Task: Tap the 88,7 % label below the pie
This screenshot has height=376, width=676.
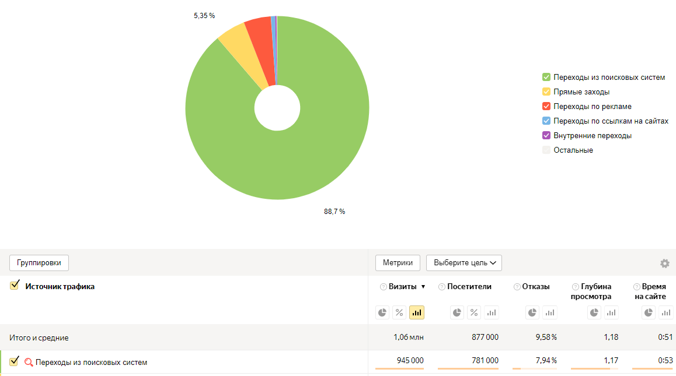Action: pyautogui.click(x=334, y=212)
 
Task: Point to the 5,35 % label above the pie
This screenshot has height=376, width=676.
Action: pyautogui.click(x=204, y=16)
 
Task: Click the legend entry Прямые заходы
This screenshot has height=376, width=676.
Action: pyautogui.click(x=581, y=92)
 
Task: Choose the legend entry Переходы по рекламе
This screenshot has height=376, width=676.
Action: pyautogui.click(x=593, y=107)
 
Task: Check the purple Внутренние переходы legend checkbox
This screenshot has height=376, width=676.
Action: pyautogui.click(x=546, y=136)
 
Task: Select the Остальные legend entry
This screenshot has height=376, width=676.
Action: pyautogui.click(x=573, y=150)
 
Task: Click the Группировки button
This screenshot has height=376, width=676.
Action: pyautogui.click(x=39, y=263)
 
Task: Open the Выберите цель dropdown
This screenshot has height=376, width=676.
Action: pyautogui.click(x=464, y=263)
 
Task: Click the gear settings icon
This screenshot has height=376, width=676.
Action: pyautogui.click(x=665, y=263)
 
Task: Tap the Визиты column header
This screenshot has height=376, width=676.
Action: pyautogui.click(x=403, y=287)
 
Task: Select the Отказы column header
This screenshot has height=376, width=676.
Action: pyautogui.click(x=536, y=287)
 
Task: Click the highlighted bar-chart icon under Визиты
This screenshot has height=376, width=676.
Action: pyautogui.click(x=417, y=312)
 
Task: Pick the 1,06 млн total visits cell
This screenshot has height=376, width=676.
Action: pyautogui.click(x=409, y=338)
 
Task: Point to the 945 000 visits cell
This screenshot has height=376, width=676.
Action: pyautogui.click(x=410, y=361)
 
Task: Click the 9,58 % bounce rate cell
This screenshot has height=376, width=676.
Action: pyautogui.click(x=546, y=338)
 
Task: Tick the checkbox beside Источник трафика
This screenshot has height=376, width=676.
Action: pyautogui.click(x=15, y=286)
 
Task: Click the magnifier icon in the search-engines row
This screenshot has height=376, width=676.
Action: pyautogui.click(x=29, y=363)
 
